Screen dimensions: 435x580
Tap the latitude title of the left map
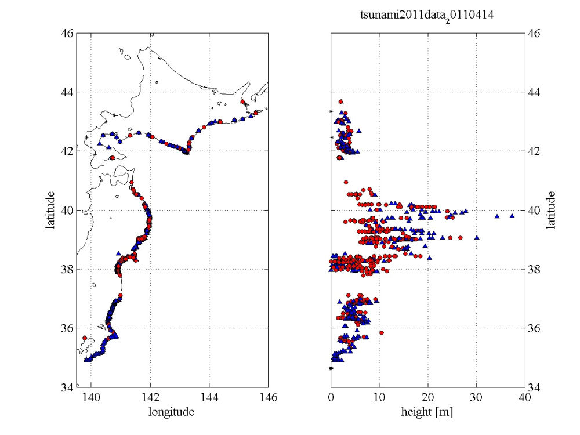51,211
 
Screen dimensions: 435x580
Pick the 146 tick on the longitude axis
269,397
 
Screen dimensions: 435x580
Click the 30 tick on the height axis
476,397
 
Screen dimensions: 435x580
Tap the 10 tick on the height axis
379,397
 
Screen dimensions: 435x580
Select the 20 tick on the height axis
428,397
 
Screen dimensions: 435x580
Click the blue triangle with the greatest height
512,215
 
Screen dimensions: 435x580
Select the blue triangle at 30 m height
477,237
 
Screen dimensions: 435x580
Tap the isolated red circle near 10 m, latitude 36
382,333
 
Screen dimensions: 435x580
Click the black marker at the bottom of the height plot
331,368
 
